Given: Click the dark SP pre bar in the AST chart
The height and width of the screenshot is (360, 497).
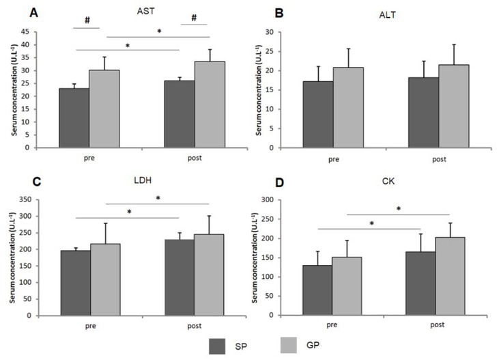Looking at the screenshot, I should tap(74, 117).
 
